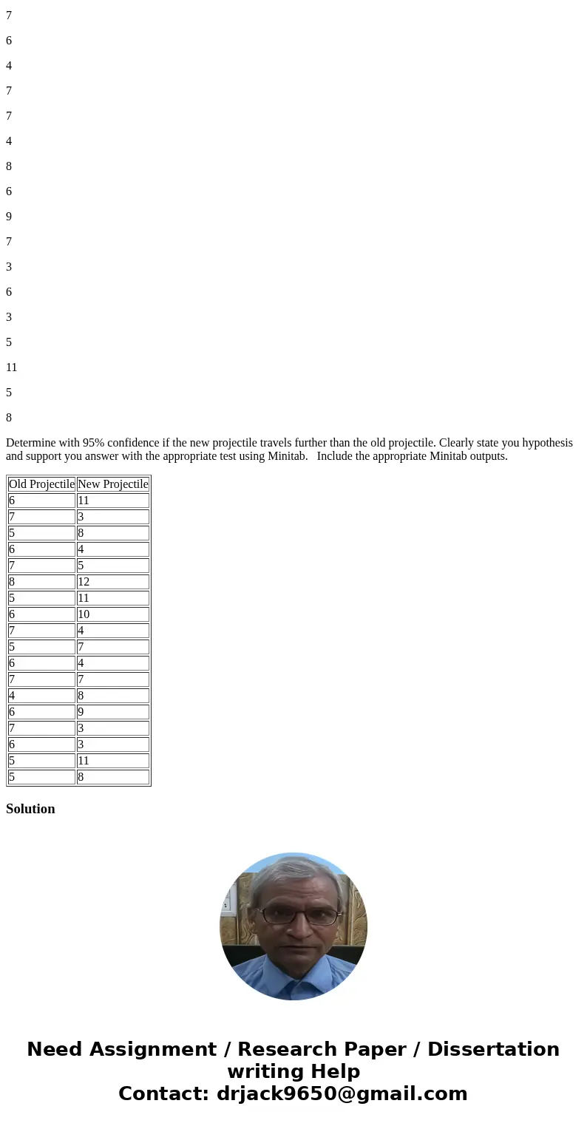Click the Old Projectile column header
(41, 484)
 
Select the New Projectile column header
(113, 484)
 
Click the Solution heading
(30, 809)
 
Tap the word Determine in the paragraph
(30, 443)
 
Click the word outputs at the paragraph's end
(487, 456)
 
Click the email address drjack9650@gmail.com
(342, 1093)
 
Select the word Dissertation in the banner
(493, 1050)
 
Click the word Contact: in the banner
(164, 1093)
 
